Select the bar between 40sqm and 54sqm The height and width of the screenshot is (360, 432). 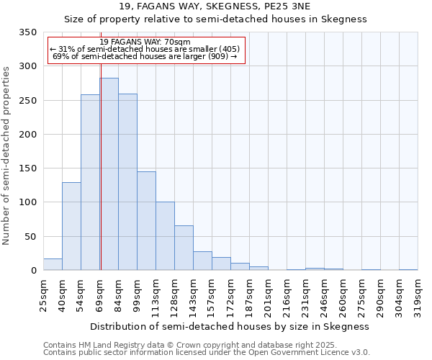coord(71,226)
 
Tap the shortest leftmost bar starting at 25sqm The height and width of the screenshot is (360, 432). coord(53,264)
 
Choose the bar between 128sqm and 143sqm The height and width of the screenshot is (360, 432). coord(184,248)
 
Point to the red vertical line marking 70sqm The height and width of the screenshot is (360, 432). coord(101,144)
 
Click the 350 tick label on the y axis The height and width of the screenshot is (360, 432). coord(27,32)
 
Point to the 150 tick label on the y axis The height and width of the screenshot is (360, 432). coord(27,168)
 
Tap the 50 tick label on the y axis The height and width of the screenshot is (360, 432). coord(30,237)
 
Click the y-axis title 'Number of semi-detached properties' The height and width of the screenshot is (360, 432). coord(7,155)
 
